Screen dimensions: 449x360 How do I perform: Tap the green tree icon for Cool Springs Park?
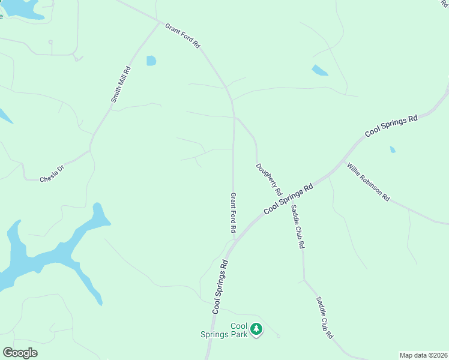[256, 329]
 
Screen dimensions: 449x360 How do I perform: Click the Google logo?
[20, 353]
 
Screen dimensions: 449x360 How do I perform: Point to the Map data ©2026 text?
[423, 355]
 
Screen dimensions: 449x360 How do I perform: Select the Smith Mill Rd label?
[121, 85]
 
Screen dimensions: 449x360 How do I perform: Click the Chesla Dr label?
[52, 175]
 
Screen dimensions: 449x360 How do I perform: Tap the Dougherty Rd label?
[269, 180]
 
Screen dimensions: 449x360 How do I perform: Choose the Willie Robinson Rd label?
[368, 182]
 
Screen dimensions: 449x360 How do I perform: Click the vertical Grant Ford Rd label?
[234, 213]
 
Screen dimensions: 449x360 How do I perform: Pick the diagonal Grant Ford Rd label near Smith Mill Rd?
[182, 37]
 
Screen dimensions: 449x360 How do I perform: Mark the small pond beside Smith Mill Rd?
[151, 61]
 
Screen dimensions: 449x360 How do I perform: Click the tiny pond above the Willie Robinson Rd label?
[393, 149]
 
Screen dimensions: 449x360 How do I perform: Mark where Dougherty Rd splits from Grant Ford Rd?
[234, 117]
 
